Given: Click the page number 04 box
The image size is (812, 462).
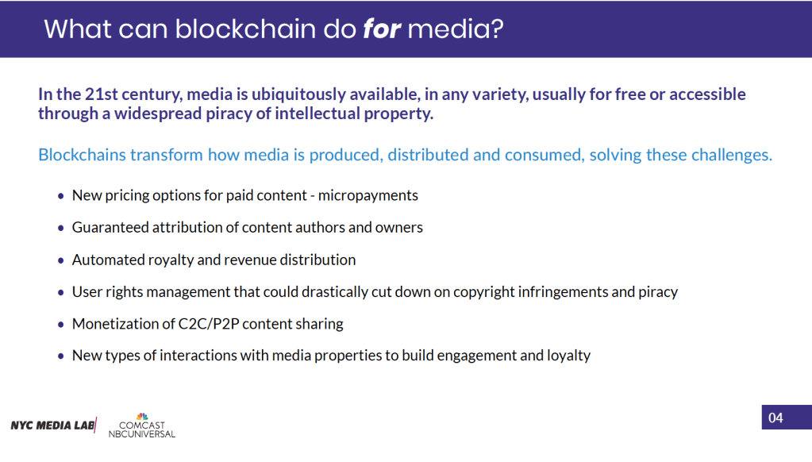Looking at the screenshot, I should click(x=775, y=418).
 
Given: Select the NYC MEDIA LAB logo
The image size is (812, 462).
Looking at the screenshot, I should click(x=53, y=425).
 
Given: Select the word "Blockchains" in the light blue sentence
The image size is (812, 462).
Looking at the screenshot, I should click(x=82, y=154).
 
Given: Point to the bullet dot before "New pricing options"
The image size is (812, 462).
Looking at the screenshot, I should click(x=61, y=195).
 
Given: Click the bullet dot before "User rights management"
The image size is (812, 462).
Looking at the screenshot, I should click(x=61, y=292).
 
